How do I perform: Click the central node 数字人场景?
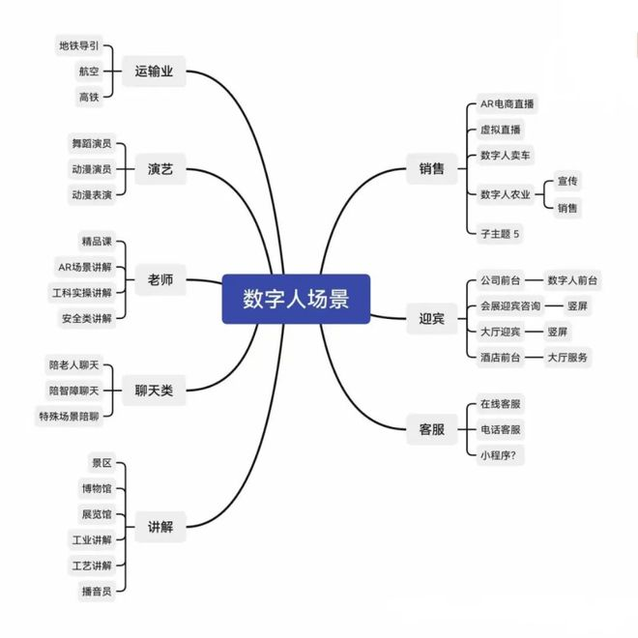[x=295, y=299]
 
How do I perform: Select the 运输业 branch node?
[x=154, y=71]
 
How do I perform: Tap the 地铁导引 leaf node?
[x=78, y=45]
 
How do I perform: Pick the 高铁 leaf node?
[x=89, y=97]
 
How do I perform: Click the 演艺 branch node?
[x=159, y=169]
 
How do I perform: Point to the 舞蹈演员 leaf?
[x=91, y=143]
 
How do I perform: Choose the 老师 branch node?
[x=159, y=280]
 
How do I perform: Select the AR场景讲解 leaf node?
[x=84, y=266]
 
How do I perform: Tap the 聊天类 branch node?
[x=154, y=391]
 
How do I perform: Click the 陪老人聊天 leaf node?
[x=73, y=365]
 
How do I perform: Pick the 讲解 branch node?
[x=159, y=526]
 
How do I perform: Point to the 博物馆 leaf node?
[x=96, y=488]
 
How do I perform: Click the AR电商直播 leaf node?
[x=507, y=104]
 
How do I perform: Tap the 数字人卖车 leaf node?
[x=505, y=156]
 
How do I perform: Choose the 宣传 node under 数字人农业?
[x=567, y=182]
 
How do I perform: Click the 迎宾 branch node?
[x=431, y=318]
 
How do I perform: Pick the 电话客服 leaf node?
[x=500, y=429]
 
